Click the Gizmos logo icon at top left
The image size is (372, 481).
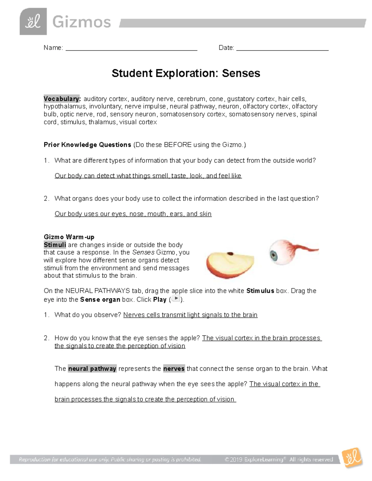(33, 22)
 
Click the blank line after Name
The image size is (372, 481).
(131, 48)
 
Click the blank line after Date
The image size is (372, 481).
(282, 48)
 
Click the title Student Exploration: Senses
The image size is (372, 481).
(186, 73)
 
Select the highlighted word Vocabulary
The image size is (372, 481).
(62, 99)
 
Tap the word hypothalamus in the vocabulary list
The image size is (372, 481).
(64, 107)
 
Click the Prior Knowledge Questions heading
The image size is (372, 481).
(87, 145)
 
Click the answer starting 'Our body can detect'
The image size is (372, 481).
(148, 176)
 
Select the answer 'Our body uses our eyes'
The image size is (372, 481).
(133, 214)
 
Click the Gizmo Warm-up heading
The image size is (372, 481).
(69, 237)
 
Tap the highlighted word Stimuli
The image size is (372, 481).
(55, 245)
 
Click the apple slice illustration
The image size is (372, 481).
(230, 264)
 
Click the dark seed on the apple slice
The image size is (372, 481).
(230, 254)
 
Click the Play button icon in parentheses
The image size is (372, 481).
(175, 299)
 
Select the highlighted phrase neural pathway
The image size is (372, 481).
(92, 369)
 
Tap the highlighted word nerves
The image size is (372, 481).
(174, 369)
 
